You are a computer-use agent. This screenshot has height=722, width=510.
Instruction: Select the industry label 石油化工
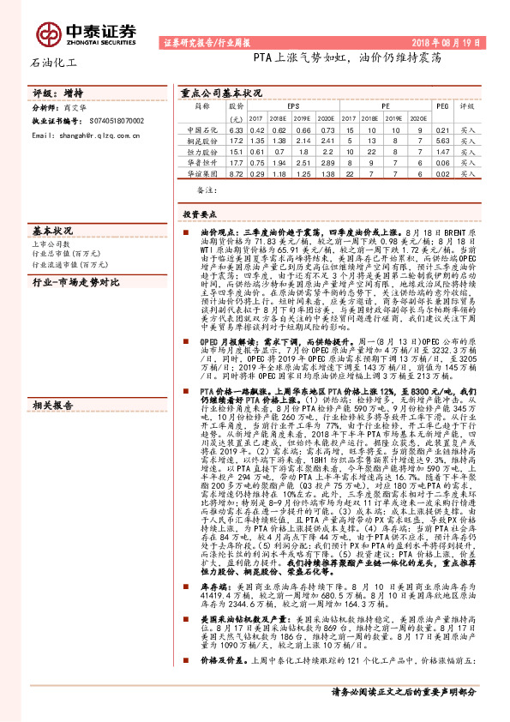(x=54, y=63)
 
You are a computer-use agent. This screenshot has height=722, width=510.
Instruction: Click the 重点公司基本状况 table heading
(x=221, y=93)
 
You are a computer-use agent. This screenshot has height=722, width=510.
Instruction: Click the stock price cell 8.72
(x=237, y=171)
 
